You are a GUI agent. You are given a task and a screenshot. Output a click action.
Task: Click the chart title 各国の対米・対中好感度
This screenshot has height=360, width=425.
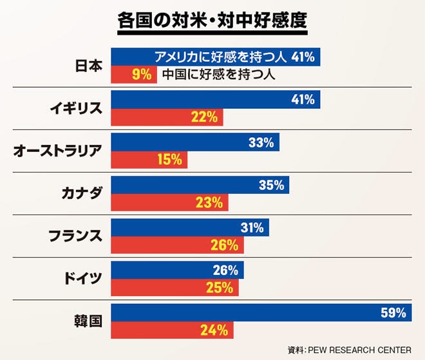click(x=212, y=19)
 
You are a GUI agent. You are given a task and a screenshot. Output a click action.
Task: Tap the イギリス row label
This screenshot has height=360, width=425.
click(x=76, y=108)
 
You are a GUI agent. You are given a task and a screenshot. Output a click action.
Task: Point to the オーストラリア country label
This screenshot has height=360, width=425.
click(x=58, y=151)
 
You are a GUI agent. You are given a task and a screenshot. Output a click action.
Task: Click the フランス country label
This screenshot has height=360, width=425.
click(x=76, y=236)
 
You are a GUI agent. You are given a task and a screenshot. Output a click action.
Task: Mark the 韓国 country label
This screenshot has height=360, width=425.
click(x=89, y=321)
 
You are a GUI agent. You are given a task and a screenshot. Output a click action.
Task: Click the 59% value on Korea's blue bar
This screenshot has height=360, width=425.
click(x=393, y=313)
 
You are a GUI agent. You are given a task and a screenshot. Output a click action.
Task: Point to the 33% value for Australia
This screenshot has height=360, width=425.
click(x=261, y=142)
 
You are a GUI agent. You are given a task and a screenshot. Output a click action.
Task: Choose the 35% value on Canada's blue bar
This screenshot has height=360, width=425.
click(x=271, y=185)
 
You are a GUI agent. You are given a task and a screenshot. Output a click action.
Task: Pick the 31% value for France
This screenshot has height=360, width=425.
click(x=251, y=227)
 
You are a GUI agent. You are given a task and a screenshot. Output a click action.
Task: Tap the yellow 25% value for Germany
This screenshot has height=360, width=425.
click(x=220, y=287)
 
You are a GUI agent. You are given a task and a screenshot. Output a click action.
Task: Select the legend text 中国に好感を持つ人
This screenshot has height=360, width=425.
click(x=219, y=74)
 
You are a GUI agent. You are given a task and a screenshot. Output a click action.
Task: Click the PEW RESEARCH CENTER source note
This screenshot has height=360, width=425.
click(x=349, y=350)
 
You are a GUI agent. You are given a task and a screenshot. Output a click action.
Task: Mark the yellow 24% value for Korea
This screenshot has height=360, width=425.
click(x=215, y=330)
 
